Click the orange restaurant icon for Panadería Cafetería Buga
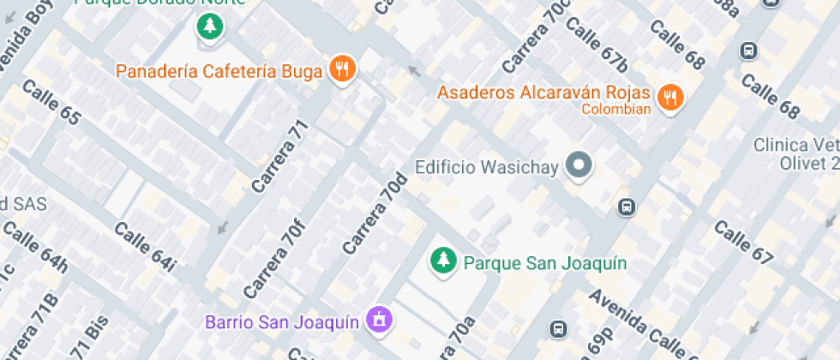pyautogui.click(x=342, y=69)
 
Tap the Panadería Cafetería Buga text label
pyautogui.click(x=219, y=70)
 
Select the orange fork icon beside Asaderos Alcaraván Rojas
pyautogui.click(x=669, y=98)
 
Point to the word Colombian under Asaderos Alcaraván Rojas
pyautogui.click(x=616, y=109)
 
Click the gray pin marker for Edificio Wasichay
pyautogui.click(x=580, y=165)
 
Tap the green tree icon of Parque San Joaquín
pyautogui.click(x=443, y=261)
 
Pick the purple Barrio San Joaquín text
pyautogui.click(x=281, y=322)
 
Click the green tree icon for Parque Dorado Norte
pyautogui.click(x=208, y=27)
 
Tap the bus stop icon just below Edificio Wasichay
pyautogui.click(x=627, y=207)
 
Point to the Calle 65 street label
pyautogui.click(x=51, y=102)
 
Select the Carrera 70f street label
pyautogui.click(x=273, y=255)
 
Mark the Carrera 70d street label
pyautogui.click(x=375, y=213)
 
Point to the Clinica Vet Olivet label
pyautogui.click(x=795, y=153)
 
